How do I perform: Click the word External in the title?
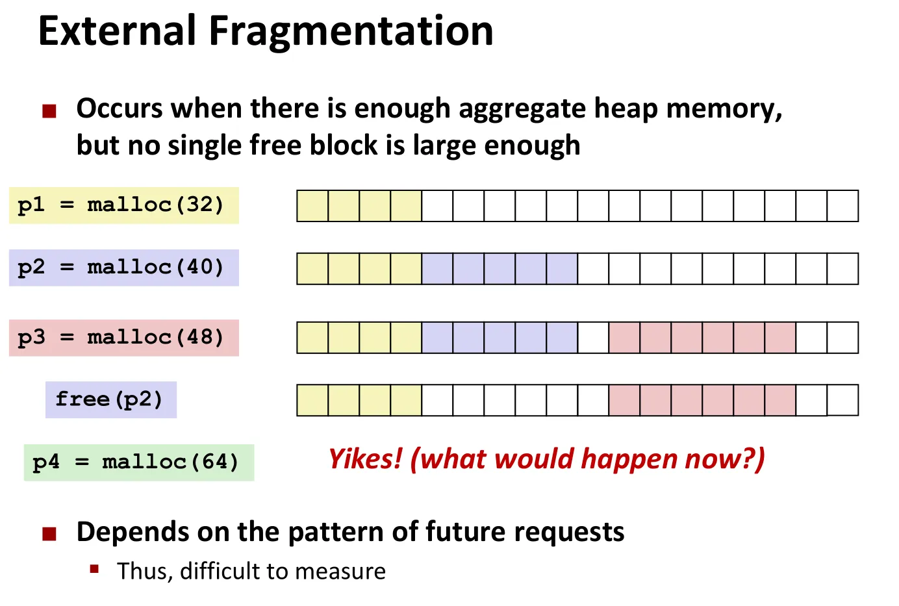pos(117,31)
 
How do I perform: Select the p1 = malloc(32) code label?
pos(124,205)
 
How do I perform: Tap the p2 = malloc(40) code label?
pos(124,268)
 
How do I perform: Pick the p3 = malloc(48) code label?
pos(124,338)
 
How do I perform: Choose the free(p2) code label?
pos(111,399)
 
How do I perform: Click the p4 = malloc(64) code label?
pos(139,462)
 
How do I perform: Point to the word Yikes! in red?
pos(365,459)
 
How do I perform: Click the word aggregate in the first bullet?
pos(522,110)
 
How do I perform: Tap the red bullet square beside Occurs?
pos(49,111)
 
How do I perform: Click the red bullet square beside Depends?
pos(49,534)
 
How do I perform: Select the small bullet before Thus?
pos(94,569)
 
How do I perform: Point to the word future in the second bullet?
pos(466,532)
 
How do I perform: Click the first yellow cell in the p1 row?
pos(312,206)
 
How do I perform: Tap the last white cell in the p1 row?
pos(843,206)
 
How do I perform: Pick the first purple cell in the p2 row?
pos(437,269)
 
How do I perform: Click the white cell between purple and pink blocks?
pos(593,338)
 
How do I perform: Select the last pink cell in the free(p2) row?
pos(780,400)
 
